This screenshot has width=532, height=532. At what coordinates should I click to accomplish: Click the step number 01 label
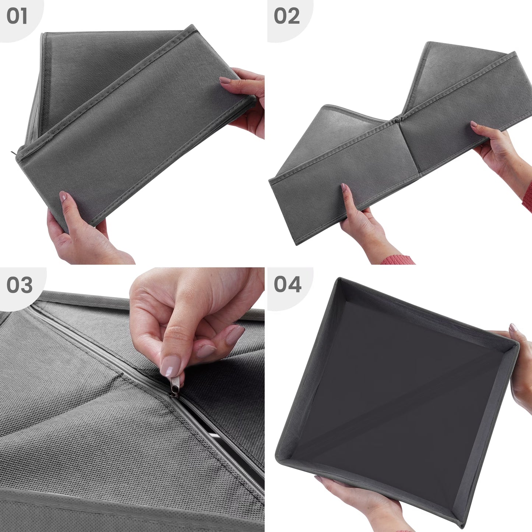coord(17,16)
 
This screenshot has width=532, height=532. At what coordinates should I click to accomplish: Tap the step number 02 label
coord(286,16)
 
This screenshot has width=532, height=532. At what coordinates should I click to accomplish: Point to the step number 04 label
coord(288,285)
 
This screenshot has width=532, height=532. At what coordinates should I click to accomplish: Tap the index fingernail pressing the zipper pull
coord(171,366)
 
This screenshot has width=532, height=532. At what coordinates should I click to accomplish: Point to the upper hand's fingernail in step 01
coord(225,80)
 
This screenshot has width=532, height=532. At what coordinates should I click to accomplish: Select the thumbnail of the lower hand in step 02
coord(344,188)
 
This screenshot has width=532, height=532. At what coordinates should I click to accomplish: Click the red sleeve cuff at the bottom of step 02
coord(398,260)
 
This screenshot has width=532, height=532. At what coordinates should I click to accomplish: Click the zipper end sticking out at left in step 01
coord(14,153)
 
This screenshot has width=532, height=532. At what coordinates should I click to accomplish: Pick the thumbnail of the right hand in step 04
coord(513,327)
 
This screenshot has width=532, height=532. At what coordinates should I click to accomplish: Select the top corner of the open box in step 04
coord(339,278)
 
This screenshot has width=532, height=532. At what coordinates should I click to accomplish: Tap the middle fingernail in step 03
coord(235,334)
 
